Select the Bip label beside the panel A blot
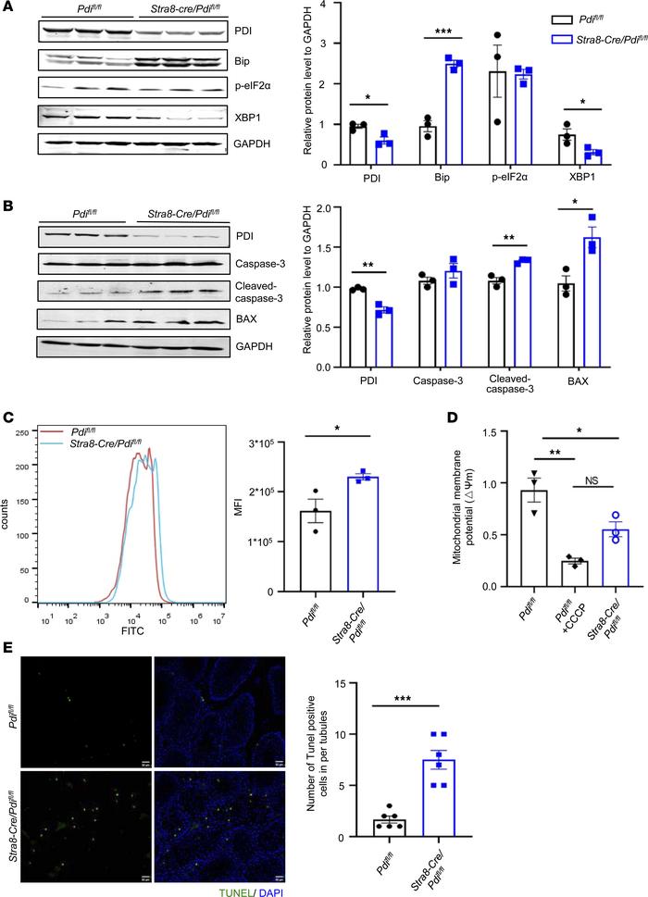click(x=243, y=62)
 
